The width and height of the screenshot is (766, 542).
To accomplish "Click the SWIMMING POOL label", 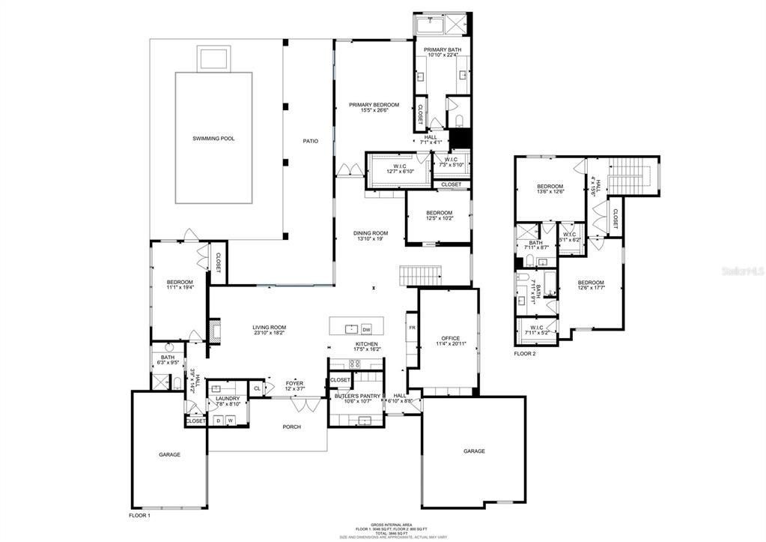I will tap(213, 139).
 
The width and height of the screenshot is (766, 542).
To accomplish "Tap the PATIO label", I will tap(310, 141).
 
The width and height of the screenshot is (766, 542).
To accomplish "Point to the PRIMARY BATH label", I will tap(444, 50).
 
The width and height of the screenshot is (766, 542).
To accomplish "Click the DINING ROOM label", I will tap(371, 233).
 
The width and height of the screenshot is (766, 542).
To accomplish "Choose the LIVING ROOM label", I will tap(269, 328).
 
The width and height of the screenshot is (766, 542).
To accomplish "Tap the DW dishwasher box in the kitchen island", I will tap(366, 329).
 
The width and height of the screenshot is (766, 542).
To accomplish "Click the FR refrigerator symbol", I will tap(411, 328).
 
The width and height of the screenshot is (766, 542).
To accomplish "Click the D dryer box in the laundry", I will tap(219, 421).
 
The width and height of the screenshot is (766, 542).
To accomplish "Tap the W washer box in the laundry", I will tap(231, 421).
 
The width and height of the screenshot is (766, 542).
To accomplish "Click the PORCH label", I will tap(291, 427).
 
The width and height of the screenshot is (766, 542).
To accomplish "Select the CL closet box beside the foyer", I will tap(257, 388).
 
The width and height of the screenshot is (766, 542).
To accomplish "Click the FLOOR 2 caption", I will tap(524, 353).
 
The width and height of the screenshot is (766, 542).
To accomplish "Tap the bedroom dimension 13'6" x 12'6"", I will tap(550, 192).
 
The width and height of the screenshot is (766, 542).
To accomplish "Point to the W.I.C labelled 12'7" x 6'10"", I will tap(398, 171).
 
